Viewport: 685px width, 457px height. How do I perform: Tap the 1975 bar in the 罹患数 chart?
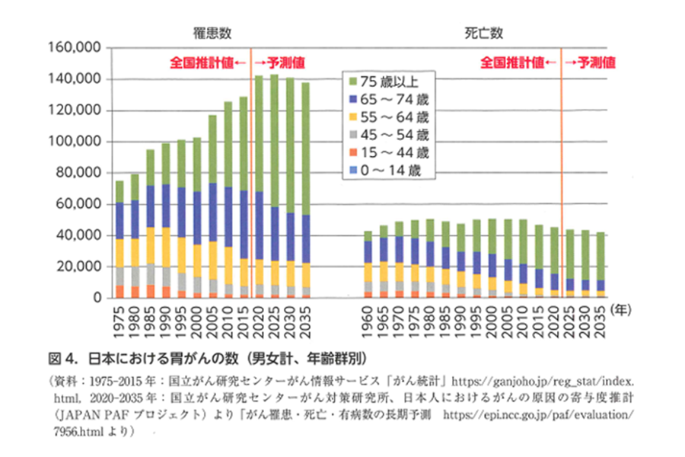point(119,240)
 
